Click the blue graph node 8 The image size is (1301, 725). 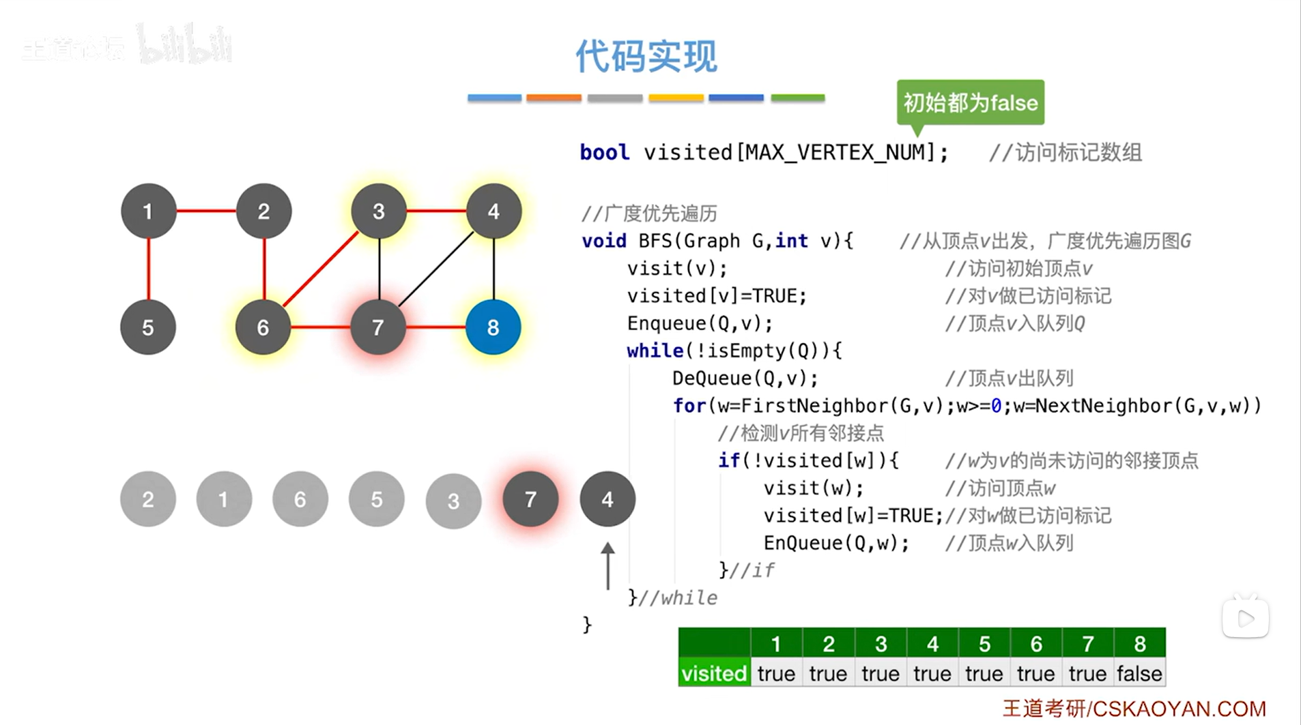coord(493,327)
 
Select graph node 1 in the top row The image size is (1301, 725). coord(148,211)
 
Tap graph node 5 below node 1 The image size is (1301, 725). coord(148,327)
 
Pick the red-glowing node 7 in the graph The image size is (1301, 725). coord(378,327)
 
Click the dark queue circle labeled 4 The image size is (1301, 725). coord(607,499)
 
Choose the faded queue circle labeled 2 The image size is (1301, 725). coord(148,499)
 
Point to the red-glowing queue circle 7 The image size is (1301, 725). coord(530,499)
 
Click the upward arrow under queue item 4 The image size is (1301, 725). coord(607,566)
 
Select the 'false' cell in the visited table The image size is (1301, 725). coord(1139,673)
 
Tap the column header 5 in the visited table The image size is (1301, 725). coord(984,643)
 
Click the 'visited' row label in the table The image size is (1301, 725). coord(714,673)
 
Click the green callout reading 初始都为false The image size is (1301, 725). coord(970,103)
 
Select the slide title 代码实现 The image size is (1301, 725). coord(646,56)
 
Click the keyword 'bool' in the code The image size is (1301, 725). coord(604,152)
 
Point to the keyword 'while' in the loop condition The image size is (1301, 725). coord(655,351)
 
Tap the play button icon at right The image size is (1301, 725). coord(1245,619)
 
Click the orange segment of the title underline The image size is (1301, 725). coord(554,98)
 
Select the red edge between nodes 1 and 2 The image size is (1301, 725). coord(206,211)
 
